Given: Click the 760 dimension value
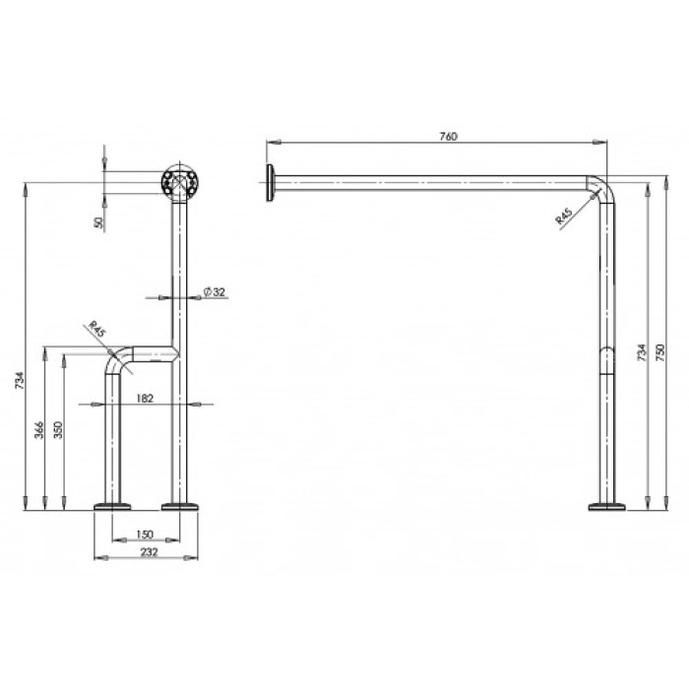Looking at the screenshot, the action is click(448, 136).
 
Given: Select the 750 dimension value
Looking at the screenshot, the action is click(660, 352).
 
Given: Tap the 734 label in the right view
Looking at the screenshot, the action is click(642, 352).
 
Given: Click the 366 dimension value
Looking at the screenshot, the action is click(39, 430).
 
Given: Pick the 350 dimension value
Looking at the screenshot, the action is click(58, 430).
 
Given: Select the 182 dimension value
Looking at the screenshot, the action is click(145, 398).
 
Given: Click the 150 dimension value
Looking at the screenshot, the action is click(145, 534).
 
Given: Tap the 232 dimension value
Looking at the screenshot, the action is click(149, 552).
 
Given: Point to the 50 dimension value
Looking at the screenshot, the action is click(100, 222).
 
